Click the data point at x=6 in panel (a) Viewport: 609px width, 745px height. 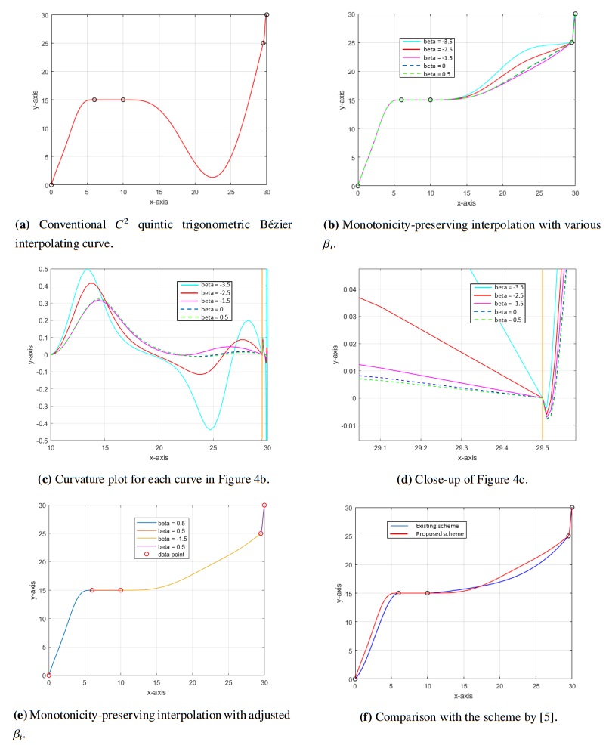(94, 100)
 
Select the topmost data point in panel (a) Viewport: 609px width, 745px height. (267, 15)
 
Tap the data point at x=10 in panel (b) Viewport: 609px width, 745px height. (431, 100)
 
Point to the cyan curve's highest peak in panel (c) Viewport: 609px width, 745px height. (87, 270)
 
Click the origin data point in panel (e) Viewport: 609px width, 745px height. (49, 675)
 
